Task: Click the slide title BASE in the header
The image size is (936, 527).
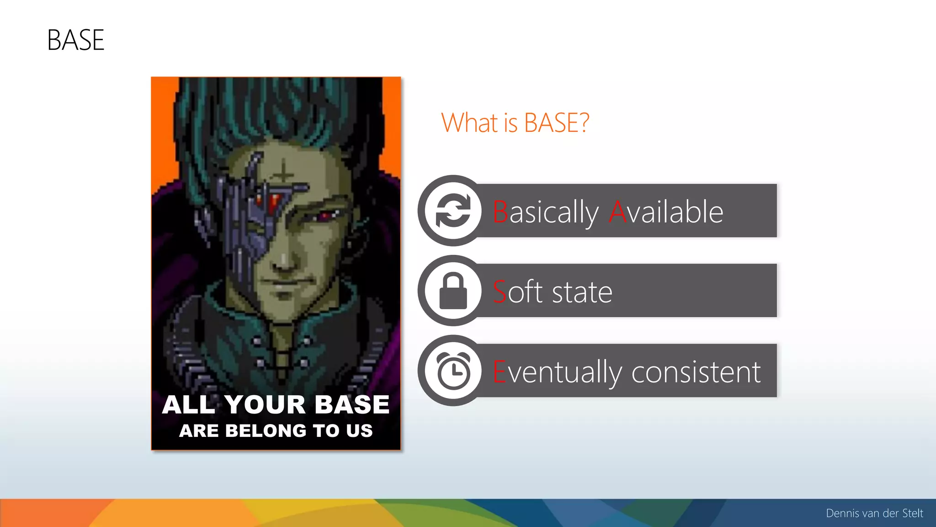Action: pos(76,40)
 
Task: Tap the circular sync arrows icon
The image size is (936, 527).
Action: pos(453,211)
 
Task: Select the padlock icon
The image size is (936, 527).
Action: pos(453,291)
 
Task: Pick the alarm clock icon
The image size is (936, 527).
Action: pos(453,371)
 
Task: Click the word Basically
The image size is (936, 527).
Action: pos(545,212)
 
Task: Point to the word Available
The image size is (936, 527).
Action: pos(666,212)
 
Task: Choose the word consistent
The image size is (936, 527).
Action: pos(696,371)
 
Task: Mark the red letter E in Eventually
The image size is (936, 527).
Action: pos(499,371)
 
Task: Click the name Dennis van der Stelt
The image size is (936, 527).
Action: pos(874,513)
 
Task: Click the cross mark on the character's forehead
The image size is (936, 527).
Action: pos(283,173)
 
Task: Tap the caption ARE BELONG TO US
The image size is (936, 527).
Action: pos(276,431)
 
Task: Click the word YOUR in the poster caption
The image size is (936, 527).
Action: pos(265,405)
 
